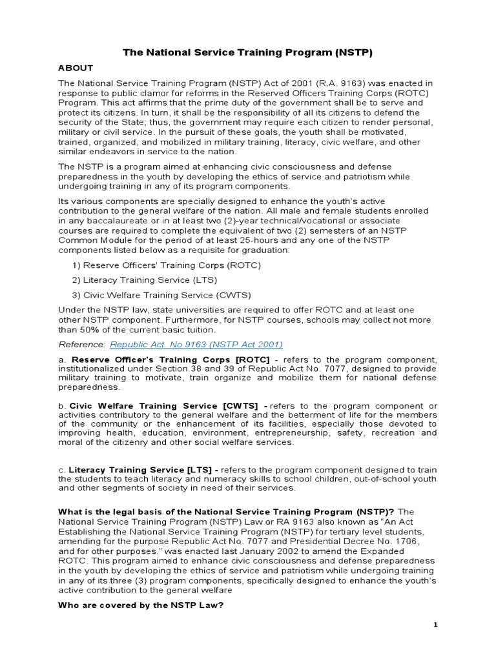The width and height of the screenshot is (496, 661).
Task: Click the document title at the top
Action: tap(248, 52)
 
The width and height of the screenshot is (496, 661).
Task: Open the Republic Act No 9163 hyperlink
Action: tap(196, 344)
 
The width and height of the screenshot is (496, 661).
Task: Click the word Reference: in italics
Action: tap(82, 344)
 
